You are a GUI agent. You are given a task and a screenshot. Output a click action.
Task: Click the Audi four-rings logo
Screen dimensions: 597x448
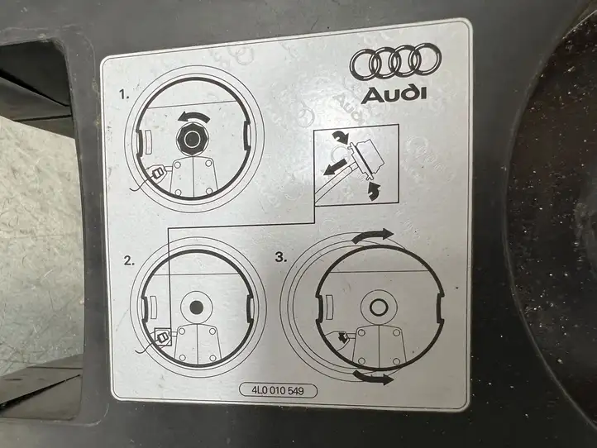395,63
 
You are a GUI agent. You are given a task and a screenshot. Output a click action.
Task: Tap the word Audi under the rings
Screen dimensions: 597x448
394,95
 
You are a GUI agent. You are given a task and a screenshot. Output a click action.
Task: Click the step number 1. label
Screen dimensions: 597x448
124,94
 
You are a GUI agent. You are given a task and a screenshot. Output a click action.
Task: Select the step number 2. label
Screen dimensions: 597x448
129,260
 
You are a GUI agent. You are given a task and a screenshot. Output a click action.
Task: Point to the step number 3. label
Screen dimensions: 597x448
281,257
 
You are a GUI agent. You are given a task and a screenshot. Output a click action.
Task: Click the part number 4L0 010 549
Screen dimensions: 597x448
278,391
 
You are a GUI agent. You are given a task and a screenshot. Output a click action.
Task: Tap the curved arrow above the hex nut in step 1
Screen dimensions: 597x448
193,117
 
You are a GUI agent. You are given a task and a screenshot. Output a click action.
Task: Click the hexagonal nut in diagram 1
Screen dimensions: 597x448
192,139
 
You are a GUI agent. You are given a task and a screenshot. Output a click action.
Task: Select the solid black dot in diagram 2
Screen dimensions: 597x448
196,307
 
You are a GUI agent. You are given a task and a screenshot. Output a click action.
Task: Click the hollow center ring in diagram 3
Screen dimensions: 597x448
379,307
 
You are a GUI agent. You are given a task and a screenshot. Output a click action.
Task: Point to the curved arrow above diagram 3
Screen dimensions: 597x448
372,236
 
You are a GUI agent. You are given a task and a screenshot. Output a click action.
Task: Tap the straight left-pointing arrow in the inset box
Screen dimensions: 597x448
336,167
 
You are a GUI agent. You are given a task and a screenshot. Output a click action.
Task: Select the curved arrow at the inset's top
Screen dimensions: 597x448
340,137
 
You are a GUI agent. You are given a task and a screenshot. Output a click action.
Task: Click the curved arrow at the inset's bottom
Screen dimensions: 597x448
375,191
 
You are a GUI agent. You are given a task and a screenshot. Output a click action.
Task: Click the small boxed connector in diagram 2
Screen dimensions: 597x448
164,336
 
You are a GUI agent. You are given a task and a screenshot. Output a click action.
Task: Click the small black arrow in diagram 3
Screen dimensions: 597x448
342,337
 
